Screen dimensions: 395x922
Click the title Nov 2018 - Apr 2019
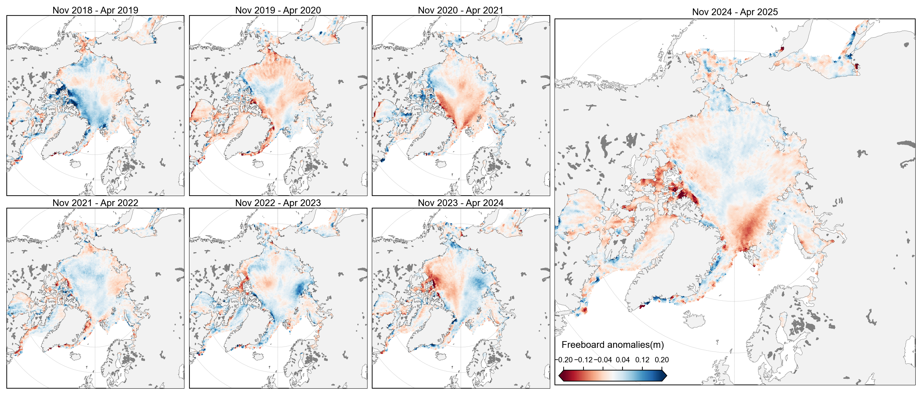click(95, 10)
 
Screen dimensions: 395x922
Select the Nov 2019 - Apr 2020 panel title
click(278, 10)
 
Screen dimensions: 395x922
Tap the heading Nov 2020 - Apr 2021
click(460, 10)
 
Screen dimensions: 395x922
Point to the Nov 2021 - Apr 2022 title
click(95, 203)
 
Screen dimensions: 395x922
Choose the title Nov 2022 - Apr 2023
click(278, 203)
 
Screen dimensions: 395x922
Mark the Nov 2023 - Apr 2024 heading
click(460, 203)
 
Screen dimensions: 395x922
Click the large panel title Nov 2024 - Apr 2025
click(735, 12)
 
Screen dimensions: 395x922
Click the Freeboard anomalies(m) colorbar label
click(612, 344)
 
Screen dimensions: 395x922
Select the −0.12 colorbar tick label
click(584, 360)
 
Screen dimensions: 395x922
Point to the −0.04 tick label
click(603, 360)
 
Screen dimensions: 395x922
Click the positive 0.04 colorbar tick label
click(623, 360)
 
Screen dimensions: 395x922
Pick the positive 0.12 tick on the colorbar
click(642, 360)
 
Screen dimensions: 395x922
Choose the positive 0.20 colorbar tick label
click(662, 360)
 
